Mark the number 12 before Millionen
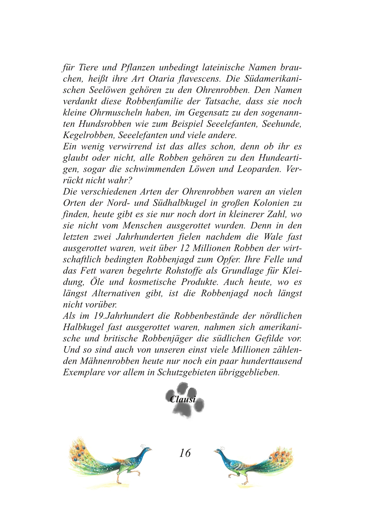point(184,248)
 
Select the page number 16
point(185,453)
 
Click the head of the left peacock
point(146,450)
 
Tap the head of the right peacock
point(219,451)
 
